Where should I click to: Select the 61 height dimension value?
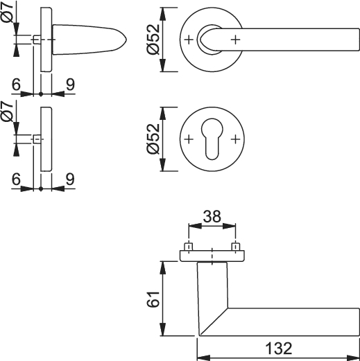click(153, 299)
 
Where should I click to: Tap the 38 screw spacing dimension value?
click(212, 216)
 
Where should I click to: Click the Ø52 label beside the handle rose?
click(153, 39)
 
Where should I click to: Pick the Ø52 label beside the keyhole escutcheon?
click(153, 139)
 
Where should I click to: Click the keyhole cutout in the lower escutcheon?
click(212, 139)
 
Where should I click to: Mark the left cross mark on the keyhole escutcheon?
click(189, 139)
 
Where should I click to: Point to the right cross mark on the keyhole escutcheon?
click(235, 139)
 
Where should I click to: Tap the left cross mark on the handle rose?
click(189, 39)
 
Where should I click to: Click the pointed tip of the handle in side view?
click(126, 39)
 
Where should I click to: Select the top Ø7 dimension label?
click(8, 12)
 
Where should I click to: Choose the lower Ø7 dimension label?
click(8, 112)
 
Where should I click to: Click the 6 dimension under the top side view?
click(16, 85)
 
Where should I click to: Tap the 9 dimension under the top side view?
click(70, 85)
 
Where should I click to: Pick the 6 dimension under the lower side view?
click(16, 179)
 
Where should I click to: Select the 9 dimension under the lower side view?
click(70, 179)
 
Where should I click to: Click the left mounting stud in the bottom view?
click(189, 247)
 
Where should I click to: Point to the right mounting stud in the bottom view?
click(236, 247)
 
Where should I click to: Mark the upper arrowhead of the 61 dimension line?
click(163, 268)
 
